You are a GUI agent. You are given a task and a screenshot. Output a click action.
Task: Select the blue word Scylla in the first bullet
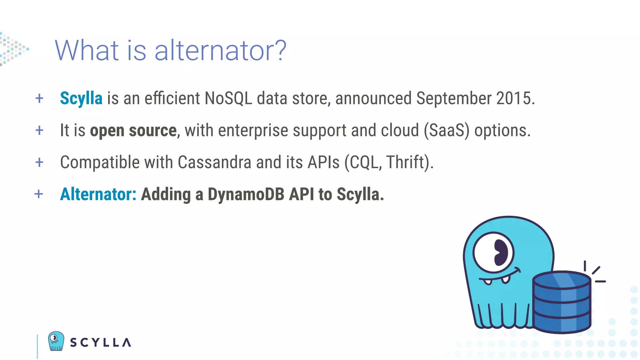(x=81, y=99)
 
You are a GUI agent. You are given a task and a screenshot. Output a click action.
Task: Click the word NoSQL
(x=228, y=99)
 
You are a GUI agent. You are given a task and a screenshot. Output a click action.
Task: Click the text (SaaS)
(x=447, y=131)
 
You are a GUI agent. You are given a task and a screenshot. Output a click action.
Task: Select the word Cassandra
(x=214, y=162)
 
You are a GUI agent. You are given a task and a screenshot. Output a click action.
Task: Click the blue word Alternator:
(x=98, y=194)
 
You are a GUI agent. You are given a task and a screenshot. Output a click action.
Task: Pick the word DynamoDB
(x=246, y=194)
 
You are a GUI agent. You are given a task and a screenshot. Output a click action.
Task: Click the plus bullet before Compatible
(x=39, y=162)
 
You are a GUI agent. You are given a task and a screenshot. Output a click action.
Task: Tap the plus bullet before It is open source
(x=39, y=131)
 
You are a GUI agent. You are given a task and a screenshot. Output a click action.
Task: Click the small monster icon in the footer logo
(x=56, y=341)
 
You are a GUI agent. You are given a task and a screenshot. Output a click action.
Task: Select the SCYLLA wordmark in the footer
(x=101, y=342)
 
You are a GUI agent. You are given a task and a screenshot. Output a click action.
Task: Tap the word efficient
(x=172, y=99)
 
